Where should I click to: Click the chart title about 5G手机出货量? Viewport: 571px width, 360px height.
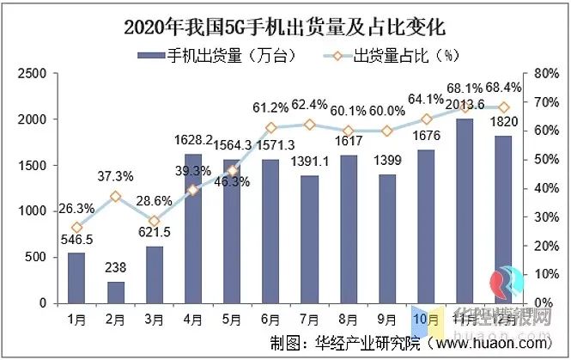[285, 25]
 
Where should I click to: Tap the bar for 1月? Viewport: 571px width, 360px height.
[76, 278]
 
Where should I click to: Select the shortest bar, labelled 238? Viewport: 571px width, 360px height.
[117, 292]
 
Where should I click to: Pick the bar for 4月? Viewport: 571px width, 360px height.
[193, 229]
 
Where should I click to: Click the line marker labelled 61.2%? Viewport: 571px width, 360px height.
[271, 128]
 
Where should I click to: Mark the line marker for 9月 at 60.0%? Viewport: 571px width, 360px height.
[386, 131]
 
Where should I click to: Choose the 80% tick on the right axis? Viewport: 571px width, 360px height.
[546, 74]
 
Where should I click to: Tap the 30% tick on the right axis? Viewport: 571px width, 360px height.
[546, 217]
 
